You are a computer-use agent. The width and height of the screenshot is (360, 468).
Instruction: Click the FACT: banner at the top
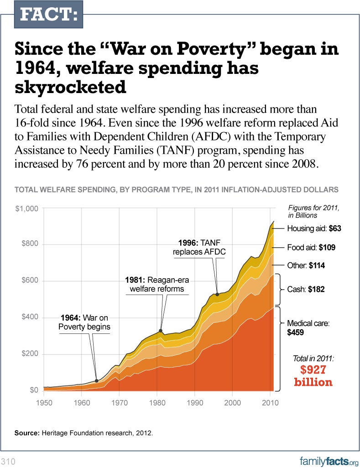[48, 16]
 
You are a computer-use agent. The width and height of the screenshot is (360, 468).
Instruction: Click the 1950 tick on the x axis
[44, 403]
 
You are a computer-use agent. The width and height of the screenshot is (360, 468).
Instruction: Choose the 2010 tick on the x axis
[270, 403]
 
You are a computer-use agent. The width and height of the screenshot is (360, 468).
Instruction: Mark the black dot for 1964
[96, 381]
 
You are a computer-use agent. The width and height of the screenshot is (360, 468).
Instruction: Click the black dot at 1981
[161, 330]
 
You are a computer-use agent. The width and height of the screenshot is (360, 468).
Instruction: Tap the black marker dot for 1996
[217, 295]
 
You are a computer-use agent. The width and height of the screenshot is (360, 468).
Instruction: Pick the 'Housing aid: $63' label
[314, 229]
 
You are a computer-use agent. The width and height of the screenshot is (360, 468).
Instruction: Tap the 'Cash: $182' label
[305, 289]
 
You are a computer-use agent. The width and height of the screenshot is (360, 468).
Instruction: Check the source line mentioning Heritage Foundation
[83, 432]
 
